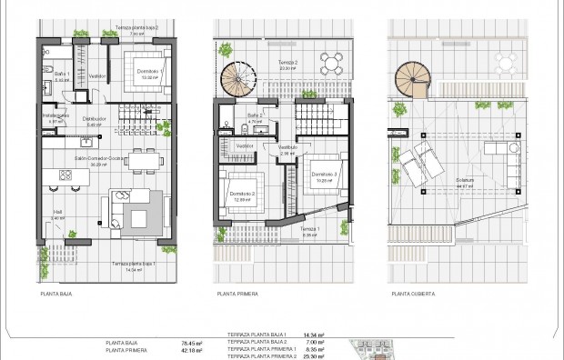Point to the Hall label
(57, 215)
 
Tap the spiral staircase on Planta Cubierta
(415, 80)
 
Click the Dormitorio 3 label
(323, 174)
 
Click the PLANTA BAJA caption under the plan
(57, 295)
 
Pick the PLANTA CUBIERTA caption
(413, 295)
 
